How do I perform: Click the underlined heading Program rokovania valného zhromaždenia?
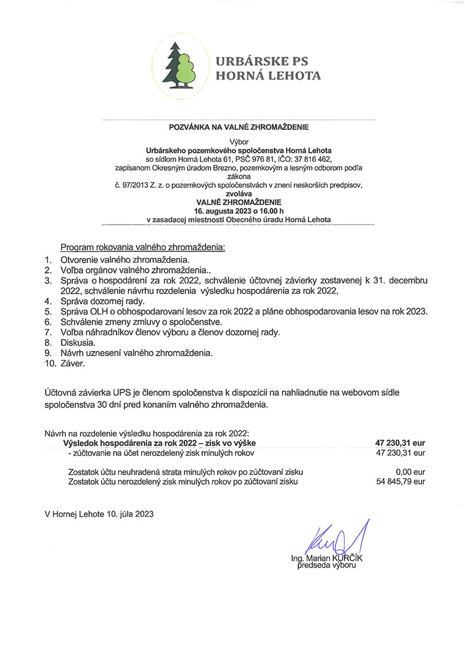(x=143, y=247)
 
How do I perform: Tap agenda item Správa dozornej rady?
(x=102, y=301)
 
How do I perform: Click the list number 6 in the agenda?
(x=49, y=322)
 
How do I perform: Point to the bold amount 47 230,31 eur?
(x=400, y=443)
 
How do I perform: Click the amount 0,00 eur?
(x=410, y=471)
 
